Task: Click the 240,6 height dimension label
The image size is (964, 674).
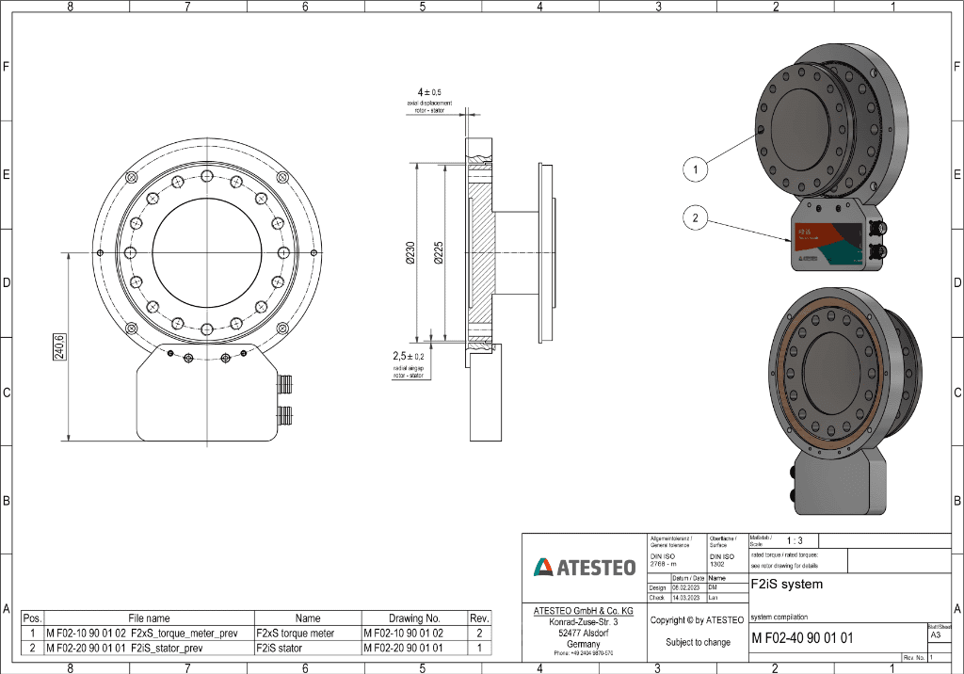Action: point(58,347)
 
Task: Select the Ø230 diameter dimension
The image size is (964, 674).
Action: point(410,252)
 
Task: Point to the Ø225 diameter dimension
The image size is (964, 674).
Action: point(439,252)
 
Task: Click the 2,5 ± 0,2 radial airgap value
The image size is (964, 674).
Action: point(408,357)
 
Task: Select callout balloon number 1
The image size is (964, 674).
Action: point(695,168)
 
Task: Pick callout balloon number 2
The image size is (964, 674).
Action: point(695,218)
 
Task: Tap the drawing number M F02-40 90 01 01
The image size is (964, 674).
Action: point(802,638)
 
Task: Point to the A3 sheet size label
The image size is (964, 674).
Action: point(935,635)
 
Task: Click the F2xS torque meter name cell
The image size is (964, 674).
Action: point(295,634)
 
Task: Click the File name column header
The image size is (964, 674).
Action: point(149,618)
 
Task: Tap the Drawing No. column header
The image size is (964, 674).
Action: point(414,618)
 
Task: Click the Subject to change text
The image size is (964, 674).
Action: point(698,642)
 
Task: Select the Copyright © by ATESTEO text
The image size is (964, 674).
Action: point(697,619)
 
